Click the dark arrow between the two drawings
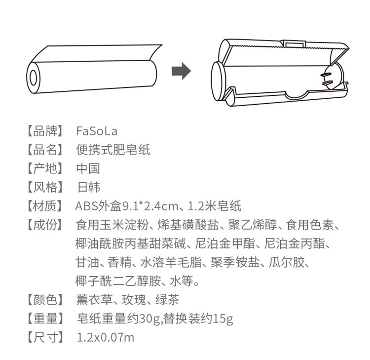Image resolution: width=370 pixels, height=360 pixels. tap(181, 71)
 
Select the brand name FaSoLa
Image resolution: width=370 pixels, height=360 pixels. tap(97, 131)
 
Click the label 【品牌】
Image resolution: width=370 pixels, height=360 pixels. tap(44, 131)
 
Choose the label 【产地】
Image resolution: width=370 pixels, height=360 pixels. tap(44, 168)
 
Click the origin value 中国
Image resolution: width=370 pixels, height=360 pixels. tap(88, 168)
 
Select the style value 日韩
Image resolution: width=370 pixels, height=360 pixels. tap(88, 187)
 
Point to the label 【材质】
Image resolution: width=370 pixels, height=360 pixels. tap(44, 206)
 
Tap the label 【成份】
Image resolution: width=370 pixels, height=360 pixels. tap(44, 225)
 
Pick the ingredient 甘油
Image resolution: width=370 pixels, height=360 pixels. tap(88, 262)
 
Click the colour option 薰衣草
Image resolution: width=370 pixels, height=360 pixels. tap(94, 300)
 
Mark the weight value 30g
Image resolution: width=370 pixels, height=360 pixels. tap(152, 319)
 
